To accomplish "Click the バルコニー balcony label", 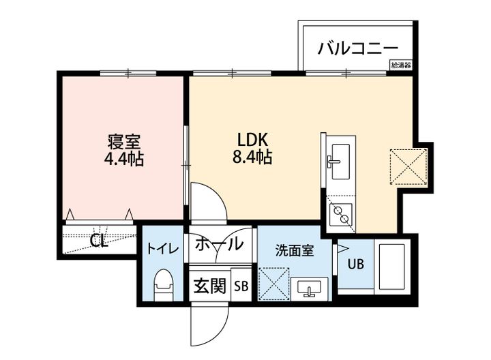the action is pos(357,49).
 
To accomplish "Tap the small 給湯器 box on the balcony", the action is pos(401,65).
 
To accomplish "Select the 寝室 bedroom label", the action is pos(123,142).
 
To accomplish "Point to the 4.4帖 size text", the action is pos(123,159).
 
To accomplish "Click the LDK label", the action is pos(252,140).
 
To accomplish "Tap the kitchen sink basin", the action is pos(341,162).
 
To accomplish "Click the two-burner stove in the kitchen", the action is pos(340,215).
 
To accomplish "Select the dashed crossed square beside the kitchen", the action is pos(408,167).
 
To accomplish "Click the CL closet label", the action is pos(99,241).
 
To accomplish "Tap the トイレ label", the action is pos(163,249).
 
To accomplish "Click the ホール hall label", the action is pos(219,243).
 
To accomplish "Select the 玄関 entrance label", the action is pos(210,286).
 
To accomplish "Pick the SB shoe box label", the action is pos(241,286).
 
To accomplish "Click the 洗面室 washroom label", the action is pos(295,250).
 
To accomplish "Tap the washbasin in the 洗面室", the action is pos(310,288).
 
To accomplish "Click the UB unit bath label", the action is pos(357,265).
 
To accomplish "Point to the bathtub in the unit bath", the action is pos(393,267).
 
